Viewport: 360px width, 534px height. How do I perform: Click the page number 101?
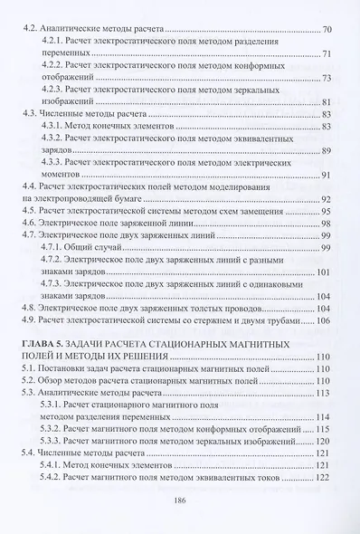click(x=324, y=272)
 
